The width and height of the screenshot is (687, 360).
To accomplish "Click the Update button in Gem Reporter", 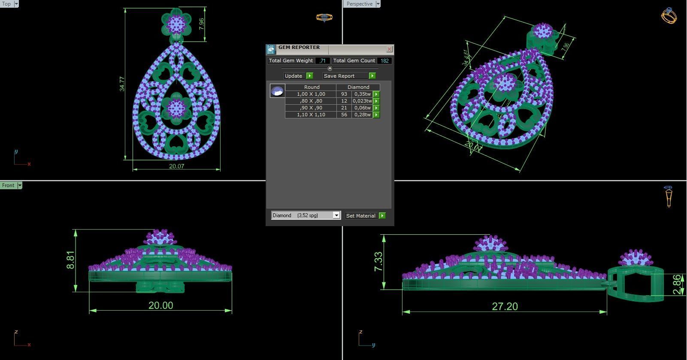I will tap(294, 76).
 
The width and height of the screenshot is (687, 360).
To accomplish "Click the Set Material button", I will tap(360, 216).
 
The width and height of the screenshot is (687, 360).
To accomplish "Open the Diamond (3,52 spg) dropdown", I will tap(336, 215).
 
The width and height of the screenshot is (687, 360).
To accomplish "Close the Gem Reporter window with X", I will tap(389, 49).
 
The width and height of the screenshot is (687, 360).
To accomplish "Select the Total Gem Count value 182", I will tap(384, 61).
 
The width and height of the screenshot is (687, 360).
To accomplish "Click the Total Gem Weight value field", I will tap(322, 61).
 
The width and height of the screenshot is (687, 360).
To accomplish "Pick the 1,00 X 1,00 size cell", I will tap(311, 94).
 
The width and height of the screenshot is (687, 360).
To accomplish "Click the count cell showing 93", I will tap(344, 94).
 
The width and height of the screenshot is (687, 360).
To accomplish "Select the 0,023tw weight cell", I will tap(362, 101).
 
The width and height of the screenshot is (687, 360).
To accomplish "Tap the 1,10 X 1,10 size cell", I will tap(311, 115).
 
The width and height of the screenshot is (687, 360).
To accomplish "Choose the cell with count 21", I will tap(344, 108).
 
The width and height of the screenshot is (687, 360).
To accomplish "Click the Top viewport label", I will tap(7, 4).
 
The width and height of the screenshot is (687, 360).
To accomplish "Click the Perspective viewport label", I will tap(359, 4).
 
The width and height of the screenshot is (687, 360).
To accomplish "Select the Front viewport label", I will tap(8, 185).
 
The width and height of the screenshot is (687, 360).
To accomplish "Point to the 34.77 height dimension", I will tap(122, 84).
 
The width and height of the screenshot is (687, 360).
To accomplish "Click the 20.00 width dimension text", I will tap(160, 306).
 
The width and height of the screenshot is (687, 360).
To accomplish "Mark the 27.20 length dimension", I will tap(505, 306).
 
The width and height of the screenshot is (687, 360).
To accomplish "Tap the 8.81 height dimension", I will tap(71, 260).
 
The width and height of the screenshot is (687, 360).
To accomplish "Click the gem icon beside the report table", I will tap(277, 91).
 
